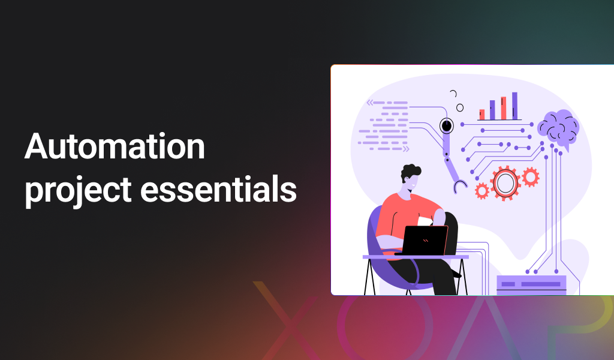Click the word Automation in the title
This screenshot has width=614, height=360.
point(115,146)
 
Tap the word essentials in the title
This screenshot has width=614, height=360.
point(218,190)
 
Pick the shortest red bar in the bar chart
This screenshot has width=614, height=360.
point(482,115)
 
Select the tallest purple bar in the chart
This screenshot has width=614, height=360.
point(514,106)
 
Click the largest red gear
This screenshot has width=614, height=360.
point(505,183)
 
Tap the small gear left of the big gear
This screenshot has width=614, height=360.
point(482,191)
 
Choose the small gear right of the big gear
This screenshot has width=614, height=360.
point(531,176)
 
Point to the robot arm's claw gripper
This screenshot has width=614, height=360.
point(460,185)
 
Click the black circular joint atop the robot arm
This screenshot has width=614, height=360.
point(446,126)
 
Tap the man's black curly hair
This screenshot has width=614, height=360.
point(410,172)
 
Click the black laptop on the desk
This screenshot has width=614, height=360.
point(425,240)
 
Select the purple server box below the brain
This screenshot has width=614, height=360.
point(531,285)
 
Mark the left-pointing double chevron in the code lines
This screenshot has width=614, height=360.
point(370,103)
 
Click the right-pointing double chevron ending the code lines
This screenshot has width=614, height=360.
point(406,149)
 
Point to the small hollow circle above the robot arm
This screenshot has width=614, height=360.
point(460,108)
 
